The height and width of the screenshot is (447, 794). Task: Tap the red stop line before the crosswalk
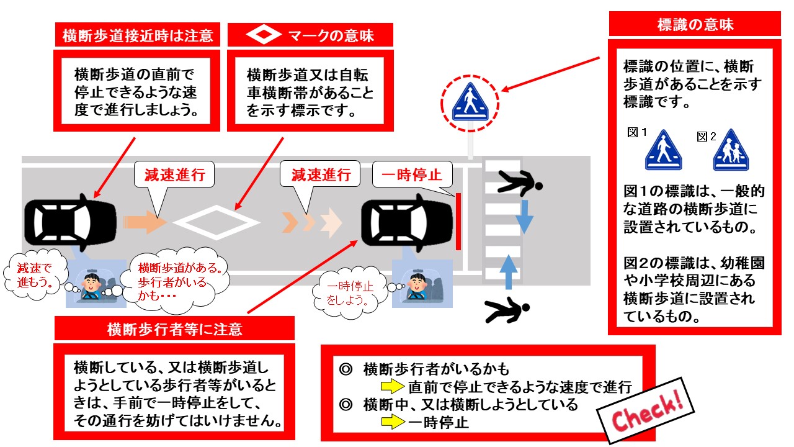coord(458,222)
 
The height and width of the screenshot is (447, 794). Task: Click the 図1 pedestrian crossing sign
coord(663,150)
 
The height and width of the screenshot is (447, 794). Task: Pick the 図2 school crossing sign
coord(731,150)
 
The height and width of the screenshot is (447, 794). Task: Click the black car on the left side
coord(71,222)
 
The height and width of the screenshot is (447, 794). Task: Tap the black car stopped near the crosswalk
coord(407,223)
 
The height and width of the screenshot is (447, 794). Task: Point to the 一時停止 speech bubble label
coord(412,175)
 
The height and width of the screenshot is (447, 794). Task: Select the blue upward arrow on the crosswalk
coord(509,272)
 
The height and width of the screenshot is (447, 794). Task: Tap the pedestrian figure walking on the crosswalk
coord(520,183)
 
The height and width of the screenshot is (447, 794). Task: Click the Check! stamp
coord(646,410)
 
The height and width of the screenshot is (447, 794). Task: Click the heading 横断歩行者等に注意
coord(175,329)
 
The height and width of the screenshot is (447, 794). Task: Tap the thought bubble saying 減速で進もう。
coord(35,275)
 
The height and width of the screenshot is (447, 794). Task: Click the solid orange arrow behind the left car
coord(145,222)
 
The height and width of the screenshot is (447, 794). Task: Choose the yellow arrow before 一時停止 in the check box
coord(393,422)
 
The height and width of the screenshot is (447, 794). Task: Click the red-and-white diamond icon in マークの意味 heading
coord(264,35)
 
